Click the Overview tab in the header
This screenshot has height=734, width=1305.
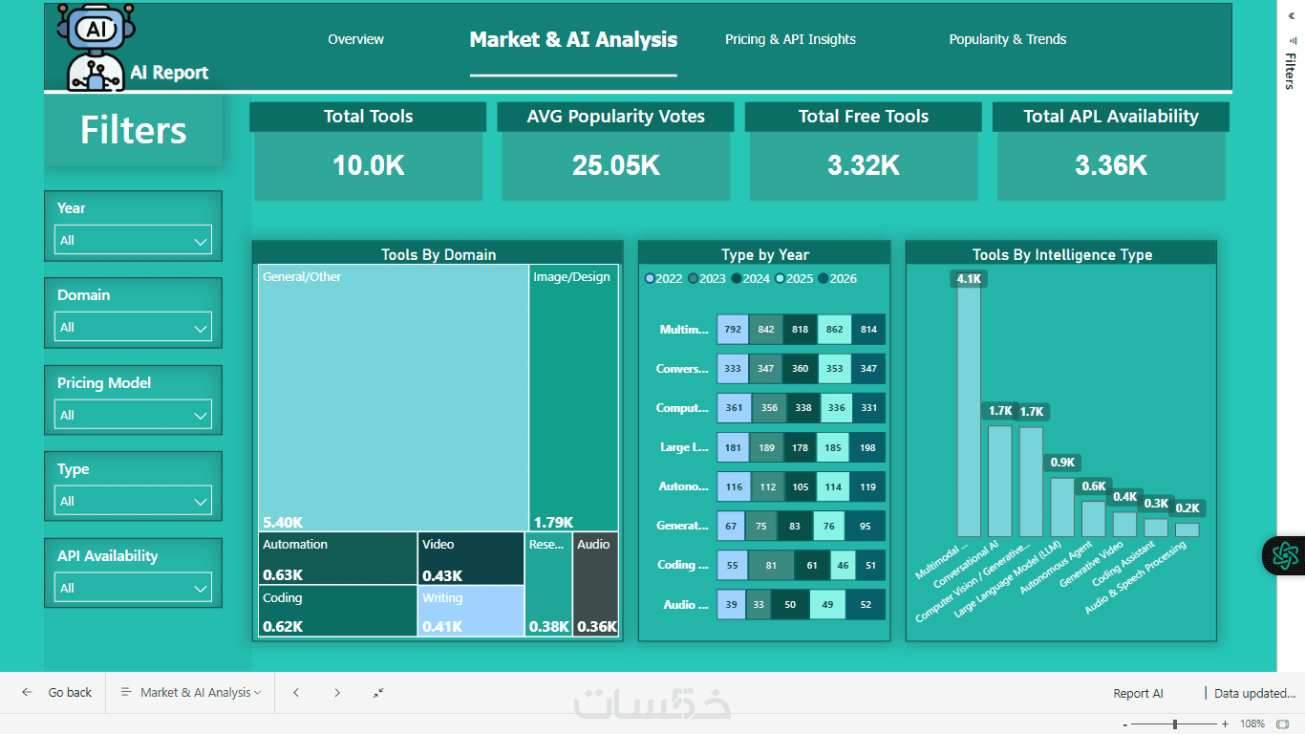[x=355, y=39]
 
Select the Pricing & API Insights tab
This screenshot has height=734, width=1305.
[x=790, y=39]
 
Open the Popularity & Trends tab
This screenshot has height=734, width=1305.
[x=1007, y=39]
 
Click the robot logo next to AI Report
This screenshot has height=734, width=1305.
[x=96, y=47]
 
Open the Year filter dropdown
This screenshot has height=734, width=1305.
[x=133, y=241]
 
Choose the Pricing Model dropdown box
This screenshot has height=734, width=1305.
[x=133, y=416]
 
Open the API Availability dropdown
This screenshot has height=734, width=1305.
[x=133, y=589]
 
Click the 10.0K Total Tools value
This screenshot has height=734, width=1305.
[x=368, y=165]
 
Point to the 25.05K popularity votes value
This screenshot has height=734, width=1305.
[x=615, y=165]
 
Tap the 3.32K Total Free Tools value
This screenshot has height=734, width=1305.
[x=863, y=165]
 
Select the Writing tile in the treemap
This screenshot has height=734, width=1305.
[x=471, y=611]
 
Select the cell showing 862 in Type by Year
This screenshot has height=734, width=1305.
[x=834, y=330]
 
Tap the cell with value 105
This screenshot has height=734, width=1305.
[x=800, y=487]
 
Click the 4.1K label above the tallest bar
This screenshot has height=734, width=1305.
[x=969, y=279]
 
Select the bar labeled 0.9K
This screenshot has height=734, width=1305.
[x=1062, y=507]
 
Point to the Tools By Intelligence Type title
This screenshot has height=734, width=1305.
[x=1061, y=255]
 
